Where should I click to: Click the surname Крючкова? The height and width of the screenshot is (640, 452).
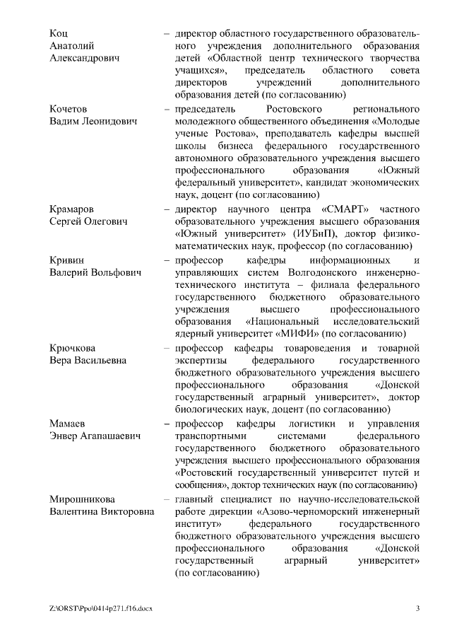73,349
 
